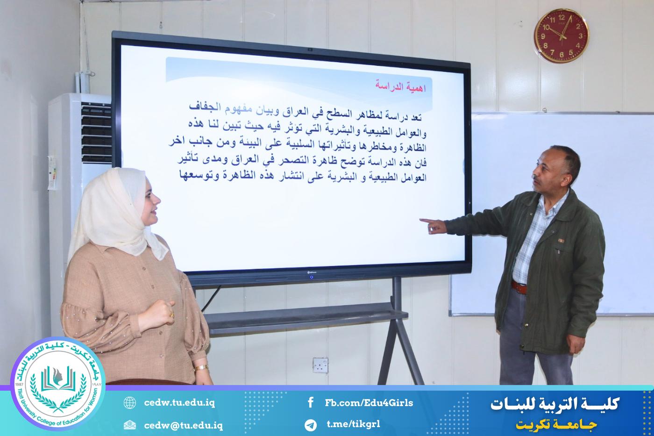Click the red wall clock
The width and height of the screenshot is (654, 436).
561,36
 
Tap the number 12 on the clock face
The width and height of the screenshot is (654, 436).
562,18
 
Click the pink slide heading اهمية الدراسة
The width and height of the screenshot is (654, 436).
401,87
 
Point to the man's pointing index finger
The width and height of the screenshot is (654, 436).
426,221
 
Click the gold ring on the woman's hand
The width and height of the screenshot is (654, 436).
172,314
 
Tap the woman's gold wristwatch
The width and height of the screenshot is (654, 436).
201,368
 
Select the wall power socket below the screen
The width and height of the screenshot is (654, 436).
320,365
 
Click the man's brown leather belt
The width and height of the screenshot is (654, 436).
519,288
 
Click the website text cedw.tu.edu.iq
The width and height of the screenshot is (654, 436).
179,403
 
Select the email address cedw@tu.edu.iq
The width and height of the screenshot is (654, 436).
183,426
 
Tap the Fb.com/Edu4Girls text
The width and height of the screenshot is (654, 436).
369,403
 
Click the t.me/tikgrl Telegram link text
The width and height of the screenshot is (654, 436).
353,424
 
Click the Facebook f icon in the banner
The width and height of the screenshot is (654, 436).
311,402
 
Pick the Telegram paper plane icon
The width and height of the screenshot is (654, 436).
310,425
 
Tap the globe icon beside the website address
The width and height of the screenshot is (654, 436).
130,403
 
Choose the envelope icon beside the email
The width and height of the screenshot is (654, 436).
130,425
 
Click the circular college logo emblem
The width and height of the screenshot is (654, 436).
58,384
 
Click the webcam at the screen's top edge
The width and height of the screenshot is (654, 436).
310,50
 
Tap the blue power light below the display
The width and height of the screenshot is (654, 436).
312,277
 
